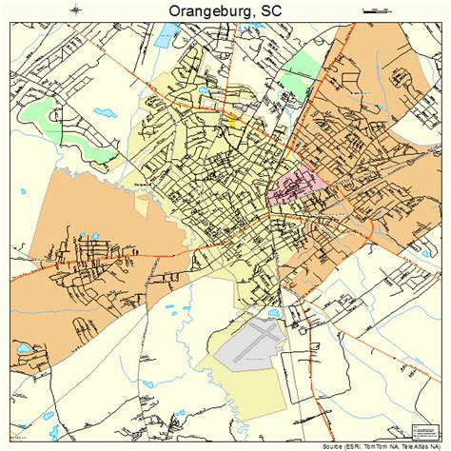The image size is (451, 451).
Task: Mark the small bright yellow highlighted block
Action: click(232, 121)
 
